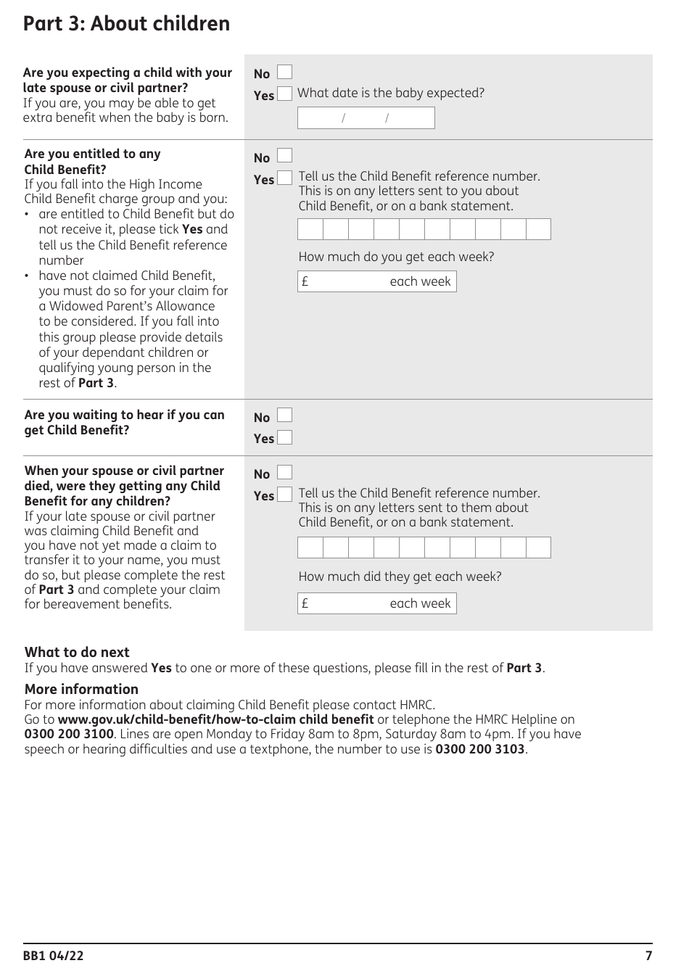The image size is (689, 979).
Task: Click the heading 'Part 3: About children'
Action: [126, 24]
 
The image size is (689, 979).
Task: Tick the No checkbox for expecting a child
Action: [285, 73]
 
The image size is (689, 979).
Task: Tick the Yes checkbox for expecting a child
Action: [285, 94]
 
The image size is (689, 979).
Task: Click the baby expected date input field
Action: [366, 117]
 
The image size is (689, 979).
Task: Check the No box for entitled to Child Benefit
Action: [285, 157]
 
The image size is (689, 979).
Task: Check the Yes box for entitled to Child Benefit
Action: [285, 178]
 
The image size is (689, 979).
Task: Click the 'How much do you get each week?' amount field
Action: [376, 281]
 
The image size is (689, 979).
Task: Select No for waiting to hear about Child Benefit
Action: [285, 416]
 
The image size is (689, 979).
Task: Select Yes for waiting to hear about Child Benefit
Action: [285, 437]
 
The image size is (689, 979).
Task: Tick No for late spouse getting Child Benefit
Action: [285, 473]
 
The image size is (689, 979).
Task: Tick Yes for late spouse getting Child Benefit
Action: [285, 495]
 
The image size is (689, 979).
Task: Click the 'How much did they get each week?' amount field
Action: [376, 603]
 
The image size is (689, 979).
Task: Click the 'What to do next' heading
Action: [77, 652]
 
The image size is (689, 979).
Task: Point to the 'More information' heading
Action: [81, 689]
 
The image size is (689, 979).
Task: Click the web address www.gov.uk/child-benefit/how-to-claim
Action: [215, 719]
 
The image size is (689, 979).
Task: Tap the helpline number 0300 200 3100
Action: [69, 734]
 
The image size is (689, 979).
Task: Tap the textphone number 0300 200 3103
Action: [479, 749]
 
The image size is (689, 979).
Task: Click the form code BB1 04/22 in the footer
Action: [53, 956]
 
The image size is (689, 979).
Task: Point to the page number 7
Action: [648, 956]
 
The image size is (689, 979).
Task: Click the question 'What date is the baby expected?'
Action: [390, 93]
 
